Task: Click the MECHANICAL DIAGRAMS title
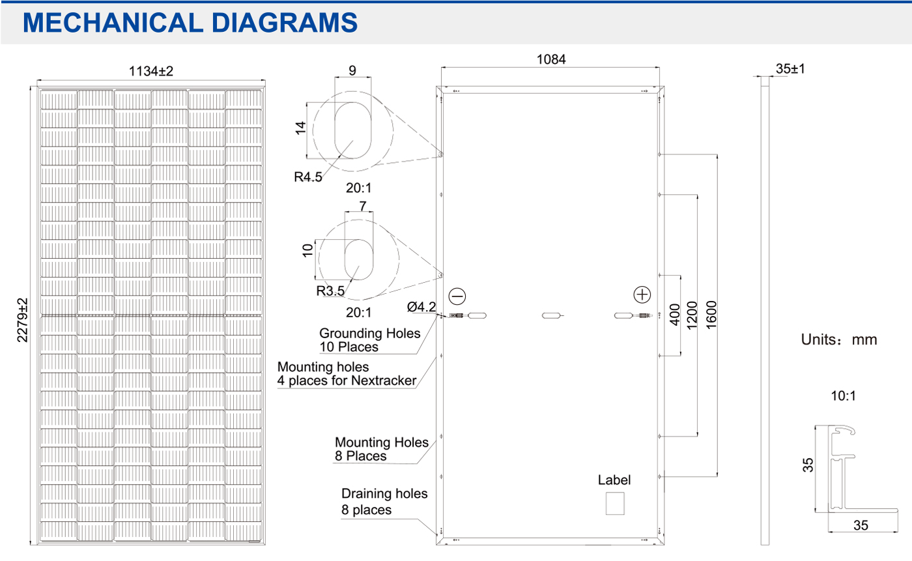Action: [190, 22]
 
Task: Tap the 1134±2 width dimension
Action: [151, 71]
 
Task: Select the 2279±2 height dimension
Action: [22, 320]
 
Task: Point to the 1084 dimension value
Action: [551, 59]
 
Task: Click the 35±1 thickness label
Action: [790, 68]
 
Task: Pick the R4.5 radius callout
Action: [307, 177]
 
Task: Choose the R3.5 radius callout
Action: [330, 291]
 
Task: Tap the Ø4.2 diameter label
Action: [421, 306]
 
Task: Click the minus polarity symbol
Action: [457, 296]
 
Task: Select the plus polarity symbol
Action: [642, 295]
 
